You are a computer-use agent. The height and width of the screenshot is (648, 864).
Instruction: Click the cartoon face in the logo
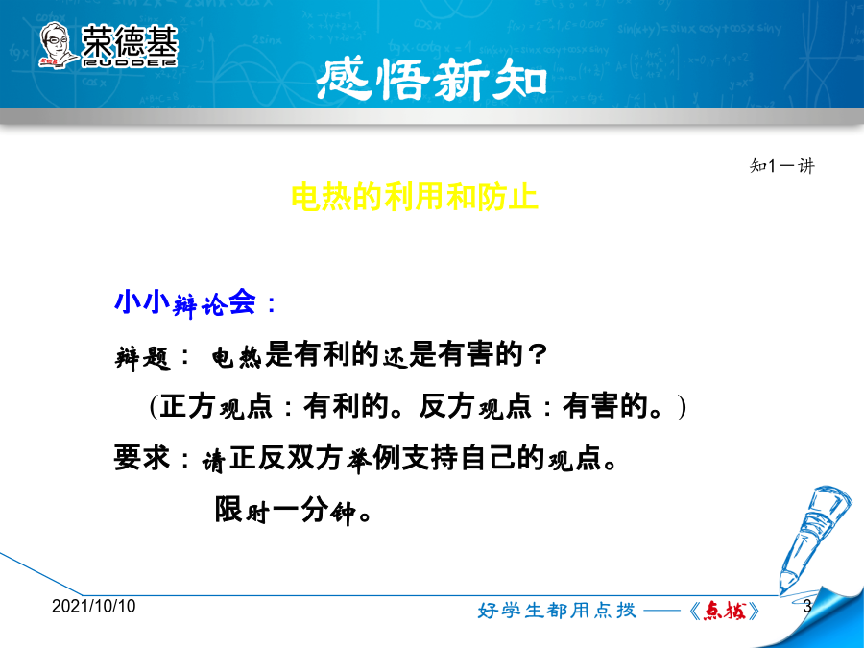pyautogui.click(x=57, y=45)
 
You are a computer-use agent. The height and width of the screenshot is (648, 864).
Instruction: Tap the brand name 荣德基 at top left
pyautogui.click(x=130, y=41)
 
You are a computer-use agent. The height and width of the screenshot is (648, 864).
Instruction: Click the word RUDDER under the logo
pyautogui.click(x=130, y=62)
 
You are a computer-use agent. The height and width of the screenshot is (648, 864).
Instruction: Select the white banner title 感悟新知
pyautogui.click(x=432, y=80)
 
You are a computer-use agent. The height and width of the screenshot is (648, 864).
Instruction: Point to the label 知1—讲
pyautogui.click(x=781, y=165)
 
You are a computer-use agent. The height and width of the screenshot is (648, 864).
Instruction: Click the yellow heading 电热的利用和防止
pyautogui.click(x=415, y=197)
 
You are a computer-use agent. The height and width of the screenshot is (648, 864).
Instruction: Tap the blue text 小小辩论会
pyautogui.click(x=185, y=302)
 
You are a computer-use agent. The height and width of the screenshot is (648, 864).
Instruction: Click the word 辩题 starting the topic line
pyautogui.click(x=142, y=357)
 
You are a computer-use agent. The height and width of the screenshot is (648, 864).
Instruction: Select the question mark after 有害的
pyautogui.click(x=536, y=354)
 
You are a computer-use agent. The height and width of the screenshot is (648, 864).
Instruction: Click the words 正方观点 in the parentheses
pyautogui.click(x=216, y=407)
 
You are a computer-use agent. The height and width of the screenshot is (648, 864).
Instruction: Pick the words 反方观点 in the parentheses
pyautogui.click(x=474, y=407)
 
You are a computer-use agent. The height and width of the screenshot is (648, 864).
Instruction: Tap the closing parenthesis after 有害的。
pyautogui.click(x=683, y=408)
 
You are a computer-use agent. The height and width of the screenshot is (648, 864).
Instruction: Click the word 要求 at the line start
pyautogui.click(x=142, y=458)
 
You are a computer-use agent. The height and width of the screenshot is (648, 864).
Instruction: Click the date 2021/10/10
pyautogui.click(x=94, y=606)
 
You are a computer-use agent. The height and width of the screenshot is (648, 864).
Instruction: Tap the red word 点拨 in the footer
pyautogui.click(x=725, y=611)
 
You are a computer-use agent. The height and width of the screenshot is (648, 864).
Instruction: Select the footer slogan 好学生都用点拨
pyautogui.click(x=557, y=611)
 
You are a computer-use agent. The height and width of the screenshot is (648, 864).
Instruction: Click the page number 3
pyautogui.click(x=807, y=606)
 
